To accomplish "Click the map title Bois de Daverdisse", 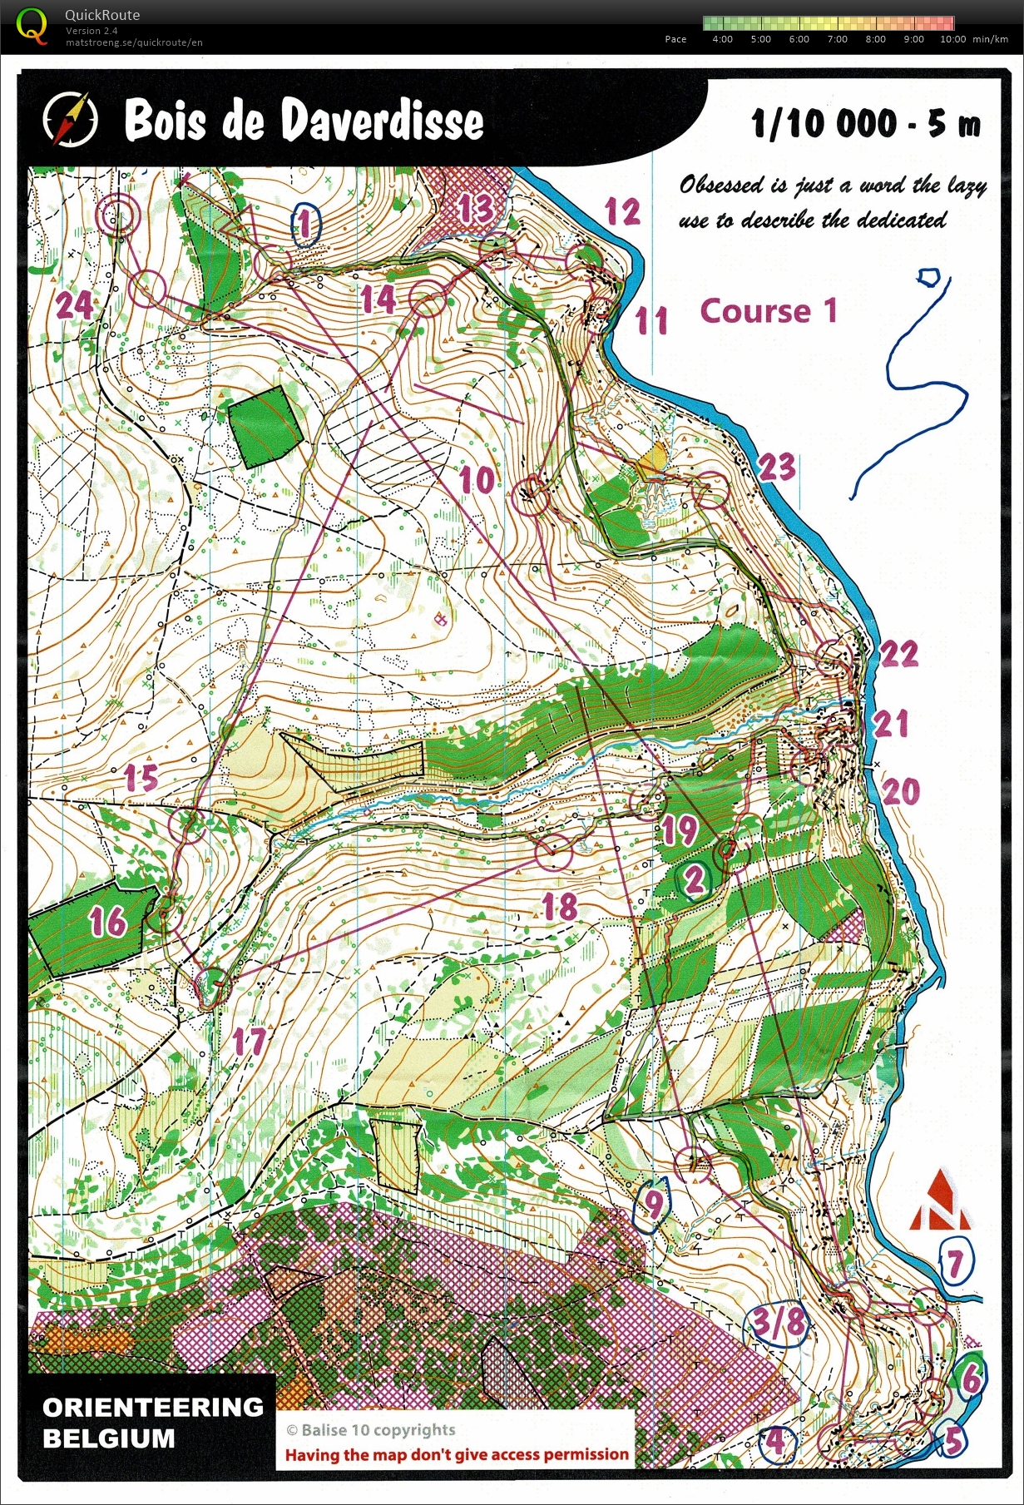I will pyautogui.click(x=304, y=121).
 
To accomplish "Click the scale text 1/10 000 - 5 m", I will pyautogui.click(x=866, y=125).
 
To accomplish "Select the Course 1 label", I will pyautogui.click(x=768, y=311).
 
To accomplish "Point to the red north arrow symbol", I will pyautogui.click(x=939, y=1201).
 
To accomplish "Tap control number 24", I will pyautogui.click(x=74, y=304).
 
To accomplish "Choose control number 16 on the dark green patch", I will pyautogui.click(x=107, y=922).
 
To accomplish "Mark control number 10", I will pyautogui.click(x=477, y=480).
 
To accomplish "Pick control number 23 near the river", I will pyautogui.click(x=777, y=468).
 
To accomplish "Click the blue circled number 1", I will pyautogui.click(x=305, y=224).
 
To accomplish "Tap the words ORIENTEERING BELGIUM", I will pyautogui.click(x=152, y=1423).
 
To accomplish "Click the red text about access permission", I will pyautogui.click(x=457, y=1454).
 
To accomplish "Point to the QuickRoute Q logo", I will pyautogui.click(x=32, y=25).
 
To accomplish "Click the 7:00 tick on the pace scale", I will pyautogui.click(x=837, y=39).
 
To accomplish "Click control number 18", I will pyautogui.click(x=560, y=906).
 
